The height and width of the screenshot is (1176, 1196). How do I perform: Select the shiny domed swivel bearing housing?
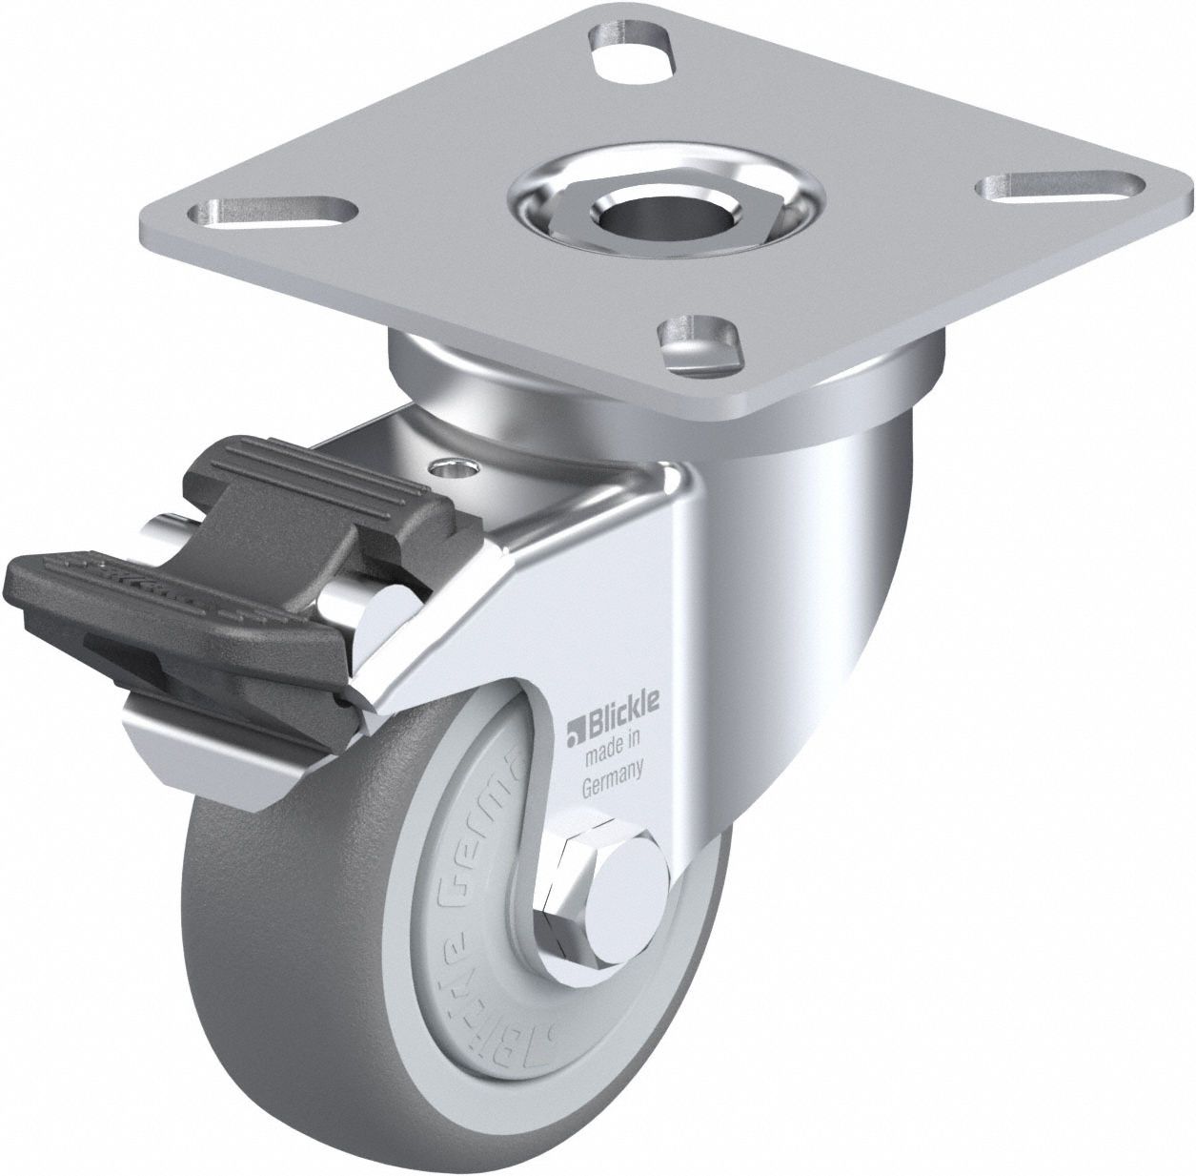[x=829, y=534]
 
